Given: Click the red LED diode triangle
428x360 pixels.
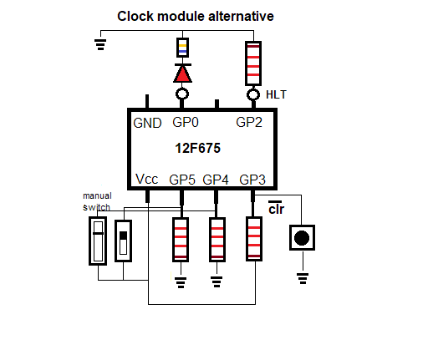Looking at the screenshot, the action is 182,74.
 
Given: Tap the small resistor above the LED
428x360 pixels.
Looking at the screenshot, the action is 182,48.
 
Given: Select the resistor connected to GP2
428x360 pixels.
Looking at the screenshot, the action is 253,63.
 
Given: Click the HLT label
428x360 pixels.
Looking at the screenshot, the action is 276,94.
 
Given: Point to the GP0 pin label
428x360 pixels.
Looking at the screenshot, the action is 186,122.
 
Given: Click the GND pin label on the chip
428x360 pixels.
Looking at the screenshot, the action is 147,123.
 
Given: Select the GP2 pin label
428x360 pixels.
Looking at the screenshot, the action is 249,122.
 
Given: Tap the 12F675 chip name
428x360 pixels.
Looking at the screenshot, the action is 198,148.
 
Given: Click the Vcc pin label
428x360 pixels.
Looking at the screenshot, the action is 147,179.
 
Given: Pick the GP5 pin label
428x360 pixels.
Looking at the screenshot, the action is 182,180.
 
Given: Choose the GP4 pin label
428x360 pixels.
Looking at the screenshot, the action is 216,180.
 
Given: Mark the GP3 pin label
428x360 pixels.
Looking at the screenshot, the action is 252,180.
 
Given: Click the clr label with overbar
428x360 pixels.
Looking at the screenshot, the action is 276,208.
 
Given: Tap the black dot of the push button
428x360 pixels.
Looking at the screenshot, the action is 302,238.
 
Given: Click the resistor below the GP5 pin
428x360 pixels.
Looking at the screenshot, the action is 181,240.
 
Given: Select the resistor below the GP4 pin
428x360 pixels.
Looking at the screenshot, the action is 217,240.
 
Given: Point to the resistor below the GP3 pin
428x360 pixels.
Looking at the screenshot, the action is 254,239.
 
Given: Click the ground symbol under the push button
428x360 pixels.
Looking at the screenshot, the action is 303,278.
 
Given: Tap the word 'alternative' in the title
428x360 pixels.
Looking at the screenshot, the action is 241,16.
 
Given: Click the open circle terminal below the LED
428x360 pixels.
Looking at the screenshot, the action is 182,94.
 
